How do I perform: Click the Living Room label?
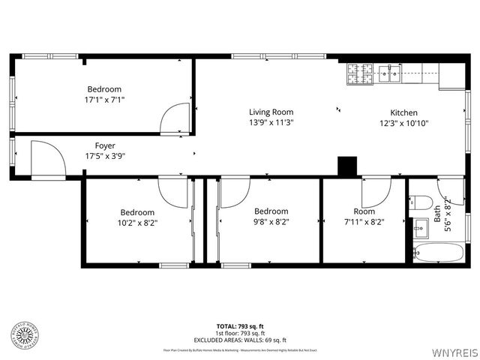(x=271, y=112)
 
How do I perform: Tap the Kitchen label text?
(x=403, y=112)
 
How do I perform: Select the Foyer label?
(x=105, y=145)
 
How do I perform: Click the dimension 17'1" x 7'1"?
(x=105, y=99)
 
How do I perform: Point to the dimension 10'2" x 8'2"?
(x=137, y=222)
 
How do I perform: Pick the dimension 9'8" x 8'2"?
(x=271, y=222)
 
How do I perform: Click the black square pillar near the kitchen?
(x=347, y=166)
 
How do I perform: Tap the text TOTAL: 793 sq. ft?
(x=240, y=326)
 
